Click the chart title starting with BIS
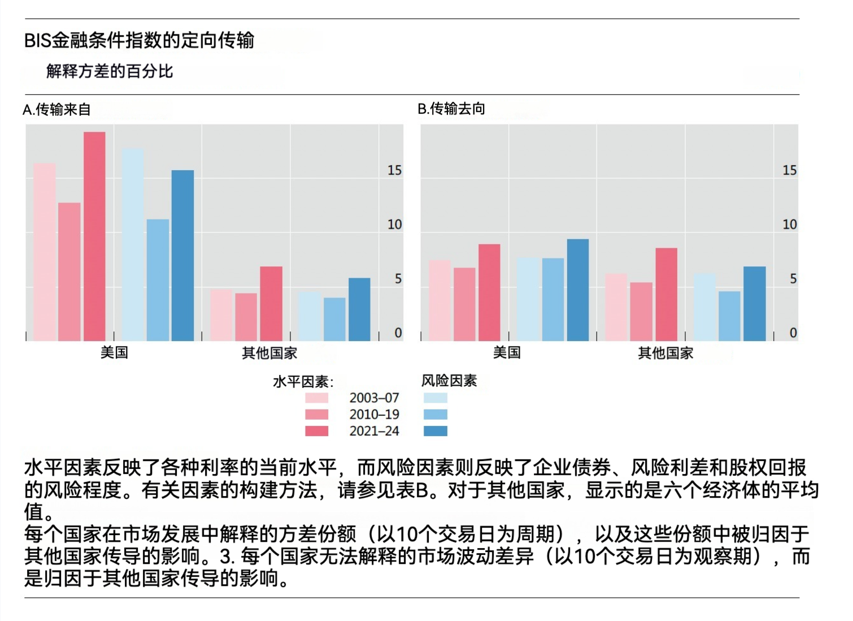click(139, 40)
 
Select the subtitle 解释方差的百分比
click(110, 71)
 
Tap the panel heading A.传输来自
click(56, 109)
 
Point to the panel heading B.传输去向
click(451, 109)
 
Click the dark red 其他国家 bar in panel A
click(271, 304)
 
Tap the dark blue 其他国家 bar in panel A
click(359, 309)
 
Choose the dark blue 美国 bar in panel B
click(578, 290)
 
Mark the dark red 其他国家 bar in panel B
click(667, 295)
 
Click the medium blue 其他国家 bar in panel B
click(729, 316)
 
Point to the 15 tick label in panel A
click(394, 170)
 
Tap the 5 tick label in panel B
click(793, 279)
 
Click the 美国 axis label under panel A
click(114, 353)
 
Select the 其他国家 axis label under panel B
click(665, 353)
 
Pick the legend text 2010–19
click(374, 415)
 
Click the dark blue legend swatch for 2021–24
click(435, 431)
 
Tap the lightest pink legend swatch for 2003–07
click(316, 398)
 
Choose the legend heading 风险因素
click(449, 381)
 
